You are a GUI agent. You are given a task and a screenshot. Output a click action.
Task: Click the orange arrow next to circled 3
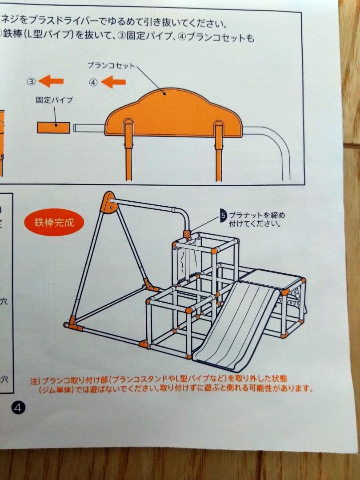coord(51,81)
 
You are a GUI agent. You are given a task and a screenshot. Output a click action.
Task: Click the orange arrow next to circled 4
coord(113,82)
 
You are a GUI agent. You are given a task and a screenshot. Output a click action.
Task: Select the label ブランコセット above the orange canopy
coord(111,65)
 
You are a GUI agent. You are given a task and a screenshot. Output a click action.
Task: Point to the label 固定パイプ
coord(54,100)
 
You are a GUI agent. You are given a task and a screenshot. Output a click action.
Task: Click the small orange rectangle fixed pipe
coord(53,128)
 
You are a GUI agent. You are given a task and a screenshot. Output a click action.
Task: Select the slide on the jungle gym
coord(236,324)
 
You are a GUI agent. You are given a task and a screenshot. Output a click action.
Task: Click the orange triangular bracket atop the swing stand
coord(108,202)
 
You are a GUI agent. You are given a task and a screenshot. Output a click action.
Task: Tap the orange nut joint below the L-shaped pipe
coord(187,234)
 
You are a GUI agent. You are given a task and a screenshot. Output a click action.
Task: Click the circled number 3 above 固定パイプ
coord(31,81)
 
